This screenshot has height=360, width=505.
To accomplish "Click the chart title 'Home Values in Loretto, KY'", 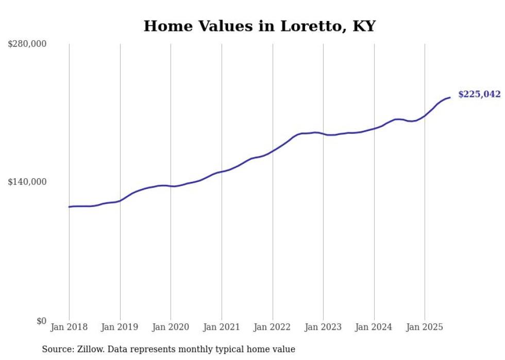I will point(259,26).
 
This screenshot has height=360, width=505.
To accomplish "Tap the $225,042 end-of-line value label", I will point(479,94).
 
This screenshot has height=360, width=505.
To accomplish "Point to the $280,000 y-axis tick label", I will point(27,44).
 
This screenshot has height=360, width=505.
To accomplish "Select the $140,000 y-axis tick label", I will point(27,182).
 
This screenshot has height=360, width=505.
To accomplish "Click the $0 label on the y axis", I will point(41,321).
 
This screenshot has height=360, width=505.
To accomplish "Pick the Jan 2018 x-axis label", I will point(69,327).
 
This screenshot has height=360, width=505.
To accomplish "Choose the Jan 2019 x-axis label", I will point(120,327).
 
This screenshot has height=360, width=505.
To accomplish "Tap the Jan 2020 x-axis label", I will point(171,327).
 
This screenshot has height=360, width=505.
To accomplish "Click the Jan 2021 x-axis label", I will point(222,327).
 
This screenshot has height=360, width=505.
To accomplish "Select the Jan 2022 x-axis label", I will point(273,327).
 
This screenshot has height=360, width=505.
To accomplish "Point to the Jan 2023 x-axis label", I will point(323,327).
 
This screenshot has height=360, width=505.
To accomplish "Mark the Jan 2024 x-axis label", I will point(374,327).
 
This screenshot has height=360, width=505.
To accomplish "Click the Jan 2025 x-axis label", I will point(425,327).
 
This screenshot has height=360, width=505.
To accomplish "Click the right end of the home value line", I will point(450,97).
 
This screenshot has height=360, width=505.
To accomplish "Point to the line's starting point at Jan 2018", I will point(69,207).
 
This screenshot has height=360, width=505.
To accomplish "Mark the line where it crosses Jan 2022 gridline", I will point(273,151).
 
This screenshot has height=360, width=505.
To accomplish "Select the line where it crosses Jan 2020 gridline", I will point(171,186).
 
